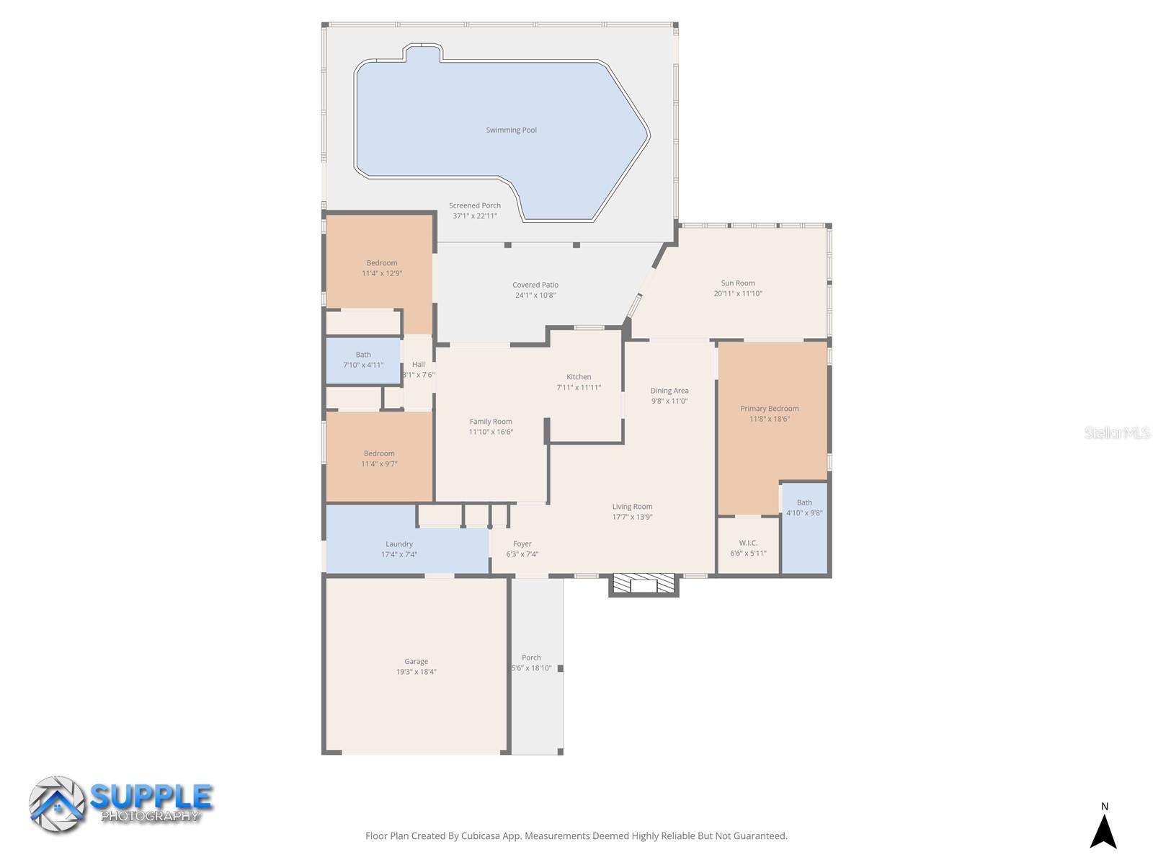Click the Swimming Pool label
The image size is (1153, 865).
coord(511,130)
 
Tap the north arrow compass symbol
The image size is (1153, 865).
coord(1103,830)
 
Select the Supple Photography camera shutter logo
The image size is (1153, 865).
coord(57,804)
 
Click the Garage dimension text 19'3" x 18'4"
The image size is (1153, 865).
coord(416,672)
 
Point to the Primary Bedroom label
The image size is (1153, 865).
coord(769,409)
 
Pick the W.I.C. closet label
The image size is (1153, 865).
coord(748,543)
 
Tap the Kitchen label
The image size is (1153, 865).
coord(579,377)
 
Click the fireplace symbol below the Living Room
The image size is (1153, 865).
coord(644,584)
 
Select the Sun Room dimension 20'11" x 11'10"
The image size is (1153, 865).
coord(737,293)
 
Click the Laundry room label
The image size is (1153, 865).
coord(399,544)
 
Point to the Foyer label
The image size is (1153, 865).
coord(522,544)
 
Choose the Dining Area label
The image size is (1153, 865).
coord(669,391)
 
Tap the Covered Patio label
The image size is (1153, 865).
coord(535,285)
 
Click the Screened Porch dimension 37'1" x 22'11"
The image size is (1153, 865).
coord(475,216)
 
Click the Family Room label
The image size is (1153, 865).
coord(491,422)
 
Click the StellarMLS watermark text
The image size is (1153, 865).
coord(1117,432)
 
